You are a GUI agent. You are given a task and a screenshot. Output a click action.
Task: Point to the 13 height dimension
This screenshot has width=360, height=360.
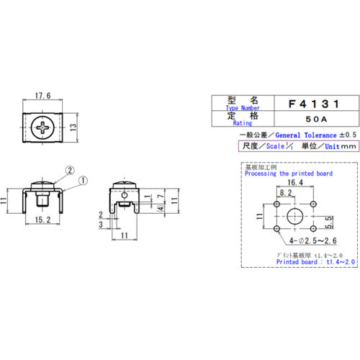click(74, 127)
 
